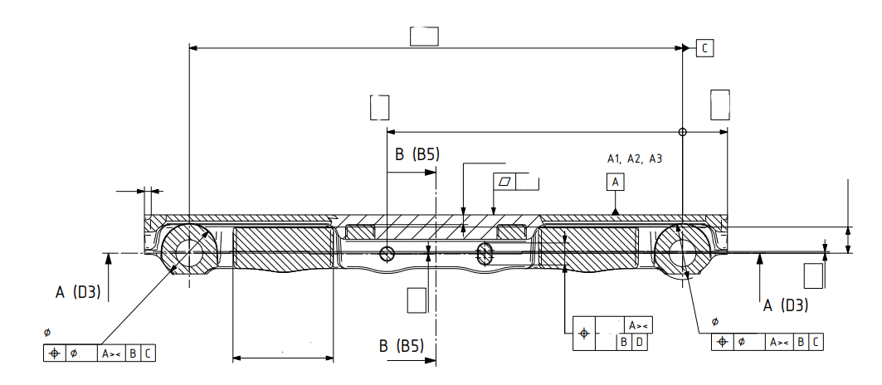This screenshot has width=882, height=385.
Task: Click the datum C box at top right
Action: [x=704, y=48]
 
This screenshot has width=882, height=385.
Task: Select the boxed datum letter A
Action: [x=616, y=182]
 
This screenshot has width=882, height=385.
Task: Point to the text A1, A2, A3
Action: [x=635, y=158]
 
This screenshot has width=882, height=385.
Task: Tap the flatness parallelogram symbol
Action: [x=505, y=181]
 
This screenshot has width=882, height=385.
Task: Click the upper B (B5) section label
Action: [x=417, y=155]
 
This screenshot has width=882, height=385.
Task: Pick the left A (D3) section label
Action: [x=78, y=292]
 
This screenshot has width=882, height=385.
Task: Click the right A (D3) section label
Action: [x=785, y=305]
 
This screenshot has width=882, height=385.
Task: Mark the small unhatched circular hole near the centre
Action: [x=387, y=254]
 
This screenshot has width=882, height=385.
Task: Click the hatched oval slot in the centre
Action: [x=485, y=254]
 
